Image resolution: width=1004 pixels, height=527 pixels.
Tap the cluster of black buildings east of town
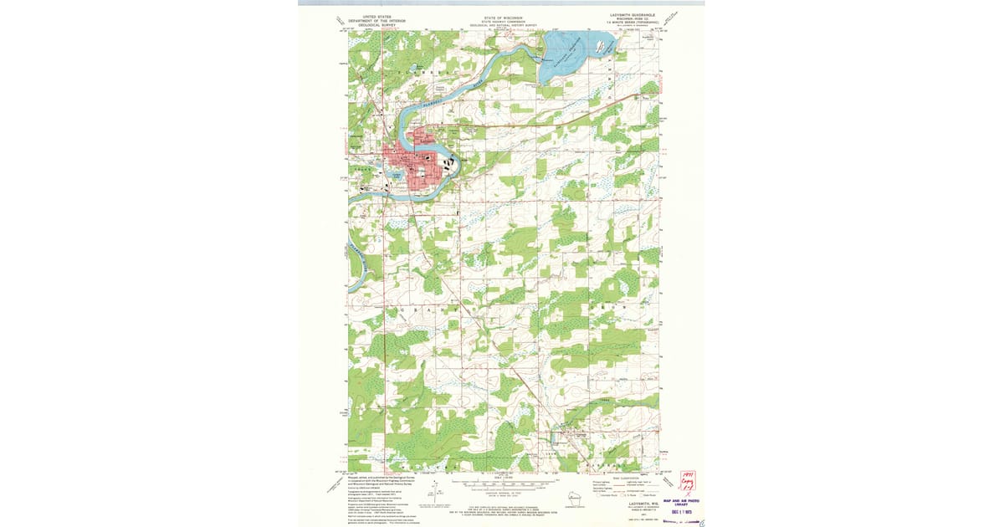(446, 164)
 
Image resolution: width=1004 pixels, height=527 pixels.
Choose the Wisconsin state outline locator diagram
(571, 498)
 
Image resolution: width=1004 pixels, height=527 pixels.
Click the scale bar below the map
(502, 483)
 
